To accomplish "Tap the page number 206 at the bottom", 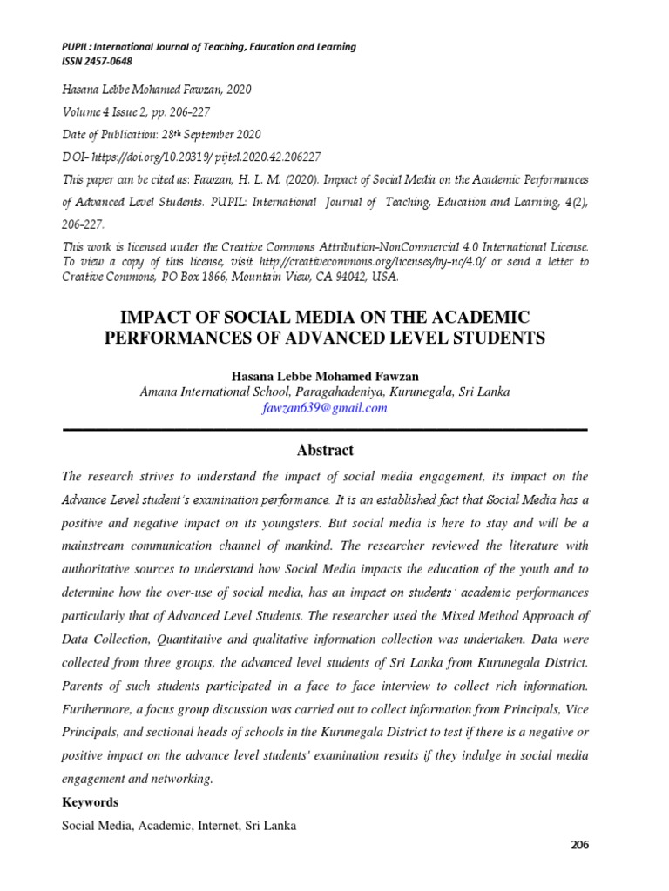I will coord(580,845).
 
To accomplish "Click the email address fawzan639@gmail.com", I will coord(324,408).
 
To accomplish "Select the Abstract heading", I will coord(325,450).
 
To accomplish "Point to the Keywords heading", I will coord(90,802).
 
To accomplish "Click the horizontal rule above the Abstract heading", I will coord(324,429).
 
